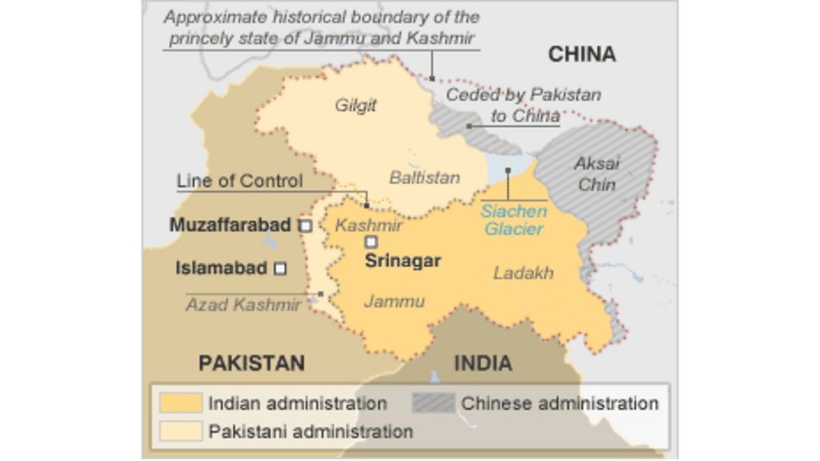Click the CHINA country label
[x=581, y=55]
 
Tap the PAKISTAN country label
[x=251, y=363]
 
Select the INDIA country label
[x=483, y=363]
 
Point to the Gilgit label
[x=355, y=105]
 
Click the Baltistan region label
[x=424, y=177]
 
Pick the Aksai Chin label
[x=597, y=174]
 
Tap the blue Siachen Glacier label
[x=513, y=219]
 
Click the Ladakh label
[x=523, y=273]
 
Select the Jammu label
[x=394, y=301]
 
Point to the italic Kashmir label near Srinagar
[x=369, y=225]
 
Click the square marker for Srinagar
[x=371, y=242]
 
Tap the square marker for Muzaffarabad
[x=306, y=225]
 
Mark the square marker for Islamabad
[x=281, y=269]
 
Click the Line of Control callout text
[x=239, y=181]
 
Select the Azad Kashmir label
[x=243, y=304]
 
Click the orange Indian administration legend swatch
[x=181, y=403]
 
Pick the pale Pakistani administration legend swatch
[x=181, y=431]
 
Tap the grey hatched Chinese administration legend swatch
[x=434, y=403]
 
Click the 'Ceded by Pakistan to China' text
[x=523, y=105]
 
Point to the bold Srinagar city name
[x=402, y=260]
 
